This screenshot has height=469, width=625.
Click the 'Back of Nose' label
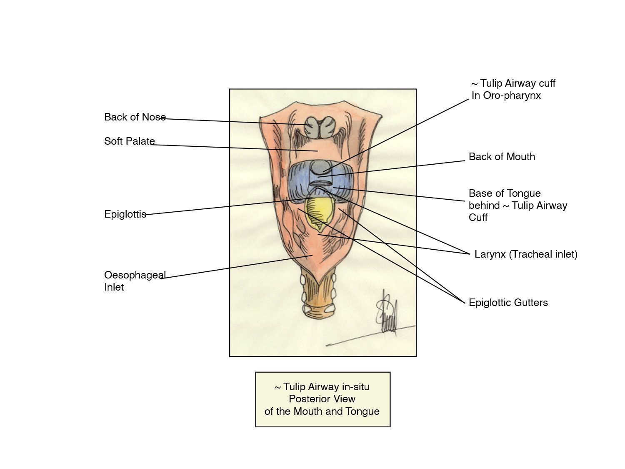point(135,117)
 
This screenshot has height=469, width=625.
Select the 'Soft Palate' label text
point(129,141)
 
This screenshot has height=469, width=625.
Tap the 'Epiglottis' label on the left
point(125,214)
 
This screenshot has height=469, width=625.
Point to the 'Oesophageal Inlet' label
point(134,281)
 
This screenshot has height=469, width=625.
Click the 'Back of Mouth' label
point(502,157)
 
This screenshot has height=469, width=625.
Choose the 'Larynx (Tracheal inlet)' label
point(526,254)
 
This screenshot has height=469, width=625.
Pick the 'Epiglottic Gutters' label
point(508,303)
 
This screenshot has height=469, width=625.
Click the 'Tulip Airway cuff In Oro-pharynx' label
point(513,89)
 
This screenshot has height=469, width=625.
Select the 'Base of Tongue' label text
point(505,193)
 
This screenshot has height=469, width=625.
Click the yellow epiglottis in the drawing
point(318,211)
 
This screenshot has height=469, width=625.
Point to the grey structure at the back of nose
point(319,127)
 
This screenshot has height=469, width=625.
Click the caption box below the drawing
point(322,399)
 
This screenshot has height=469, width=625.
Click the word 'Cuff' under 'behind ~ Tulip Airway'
point(478,218)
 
